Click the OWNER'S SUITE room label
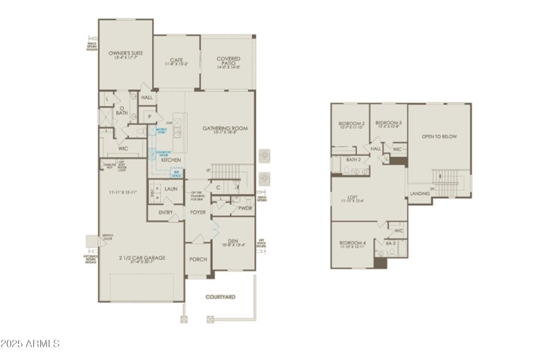coord(125,52)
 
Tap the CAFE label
coord(176,60)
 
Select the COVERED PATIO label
coord(228,59)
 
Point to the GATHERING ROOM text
coord(225,128)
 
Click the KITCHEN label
coord(171,159)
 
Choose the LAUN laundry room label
coord(171,188)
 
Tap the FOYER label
coord(198,212)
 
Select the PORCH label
coord(198,259)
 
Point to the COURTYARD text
coord(220,297)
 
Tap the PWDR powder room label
coord(245,208)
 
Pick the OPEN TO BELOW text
coord(439,136)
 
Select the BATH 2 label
coord(353,159)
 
